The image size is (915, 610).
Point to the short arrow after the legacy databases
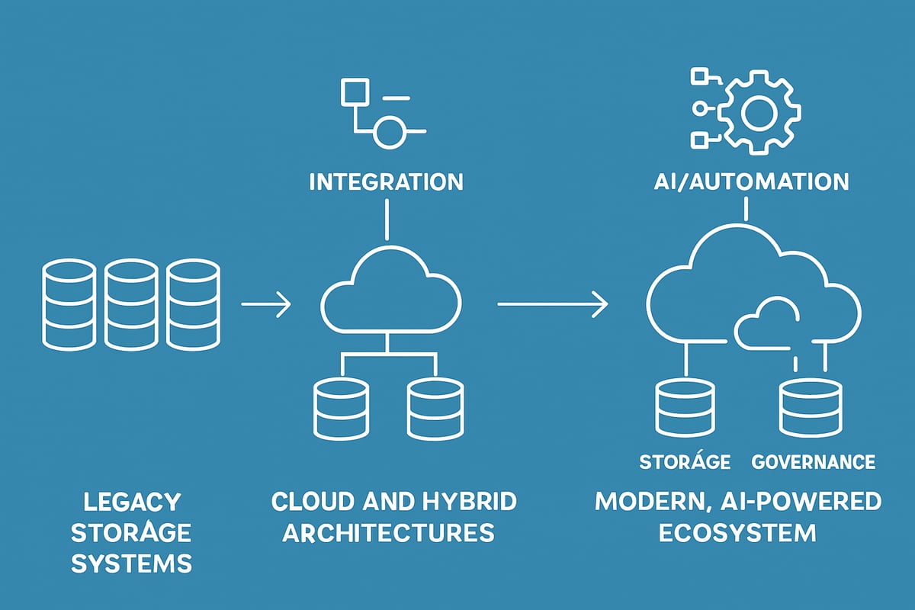pos(265,306)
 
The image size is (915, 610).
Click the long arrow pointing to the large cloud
pos(553,305)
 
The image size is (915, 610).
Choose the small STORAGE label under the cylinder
pos(685,462)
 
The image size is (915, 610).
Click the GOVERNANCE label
pos(813,462)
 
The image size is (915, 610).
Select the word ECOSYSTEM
pos(738,531)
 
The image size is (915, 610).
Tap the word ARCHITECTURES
pos(388,531)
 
